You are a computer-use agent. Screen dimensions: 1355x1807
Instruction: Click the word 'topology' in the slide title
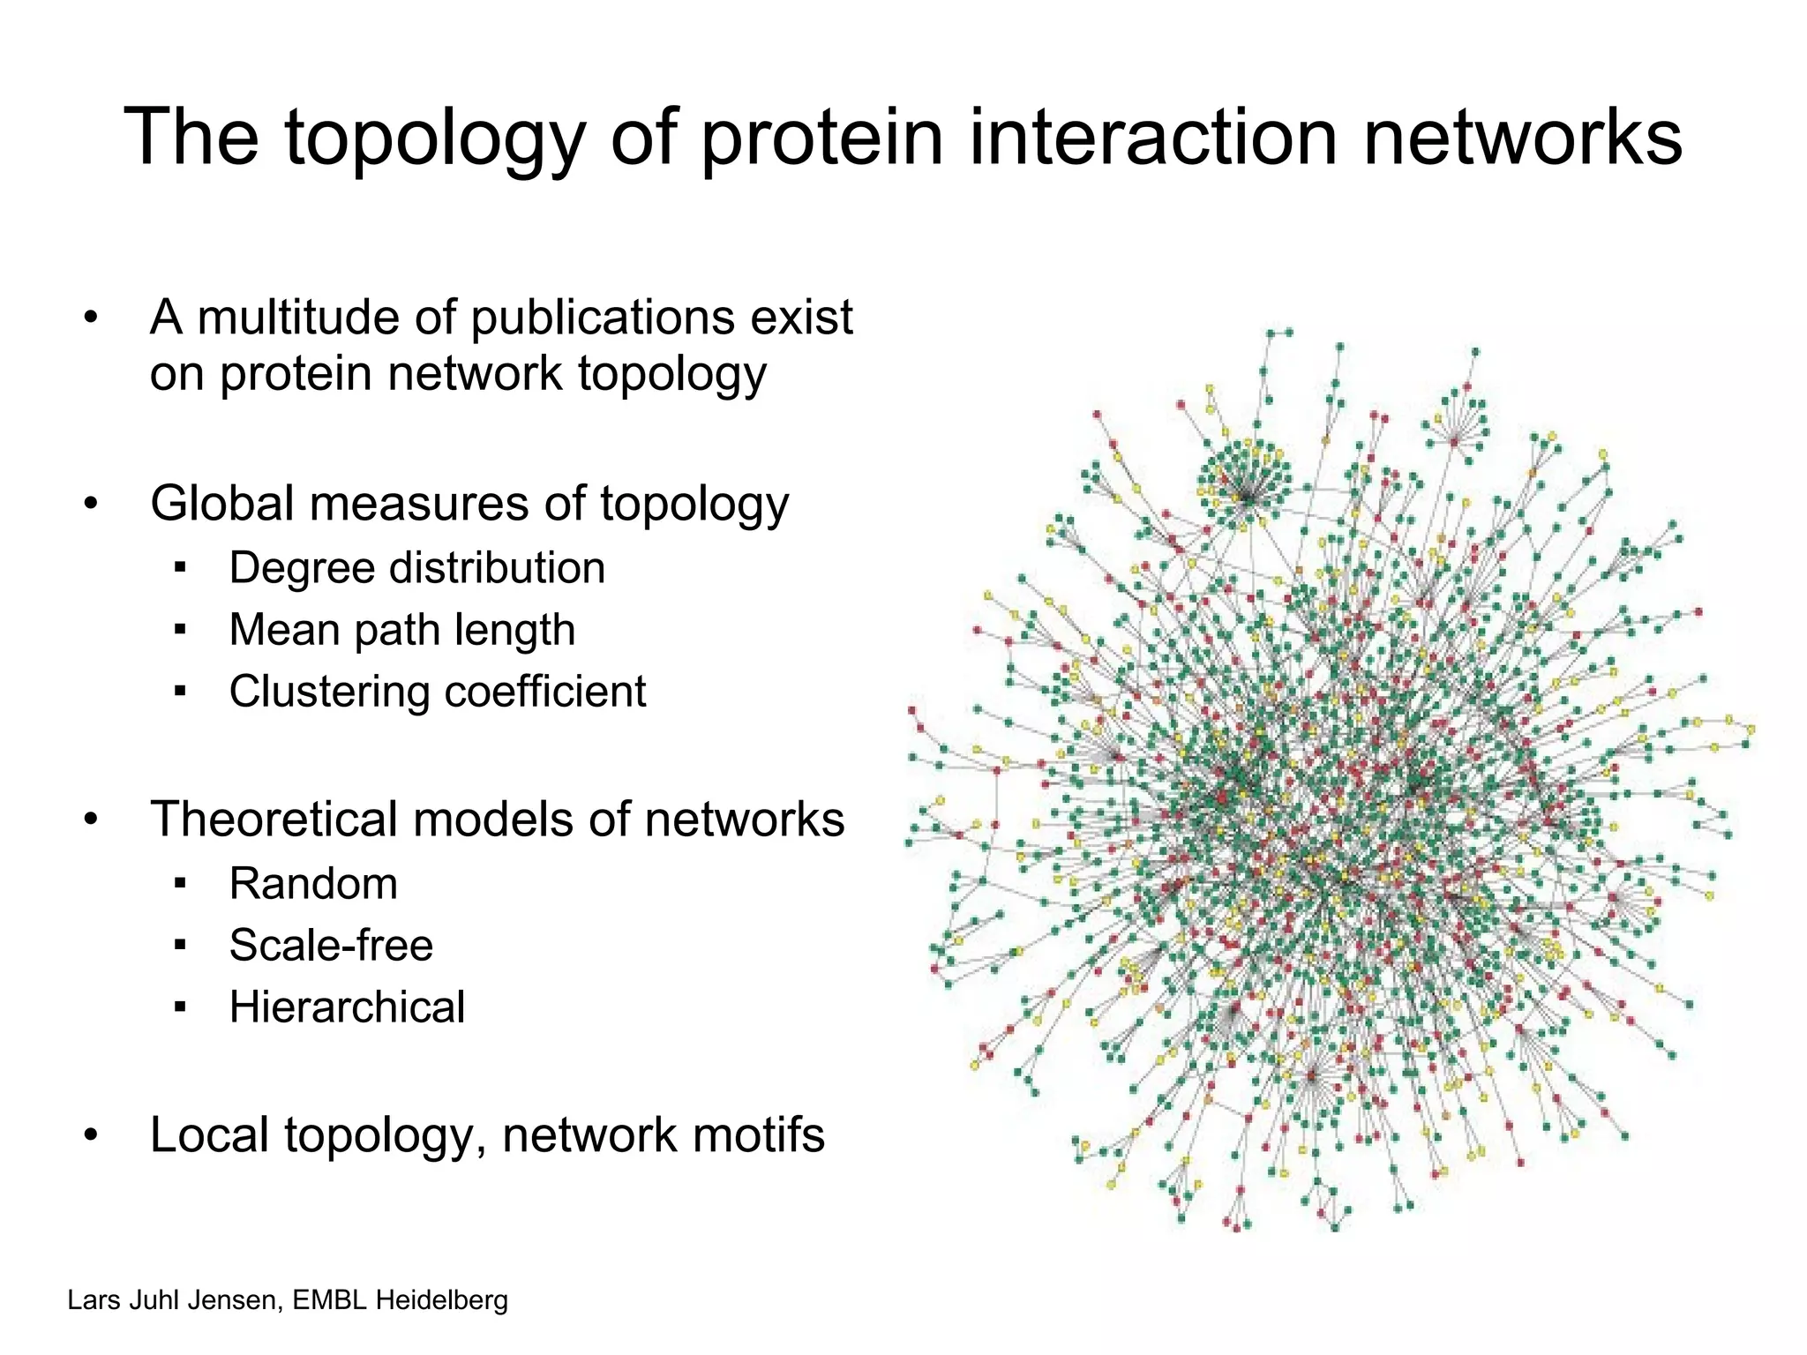(x=434, y=139)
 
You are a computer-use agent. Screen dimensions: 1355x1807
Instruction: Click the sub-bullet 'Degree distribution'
(x=416, y=568)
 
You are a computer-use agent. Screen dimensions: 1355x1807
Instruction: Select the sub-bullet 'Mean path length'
(x=401, y=631)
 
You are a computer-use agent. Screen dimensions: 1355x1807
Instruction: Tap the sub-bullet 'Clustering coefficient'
(x=437, y=692)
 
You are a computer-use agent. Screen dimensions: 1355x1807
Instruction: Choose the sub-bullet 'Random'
(x=313, y=884)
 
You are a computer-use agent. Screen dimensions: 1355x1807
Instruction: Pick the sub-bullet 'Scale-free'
(x=331, y=946)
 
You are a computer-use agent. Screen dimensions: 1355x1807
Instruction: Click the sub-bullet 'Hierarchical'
(x=347, y=1007)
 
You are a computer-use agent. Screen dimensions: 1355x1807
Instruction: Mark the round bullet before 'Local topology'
(x=91, y=1136)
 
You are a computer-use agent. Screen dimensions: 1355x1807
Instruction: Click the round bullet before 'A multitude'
(x=91, y=318)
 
